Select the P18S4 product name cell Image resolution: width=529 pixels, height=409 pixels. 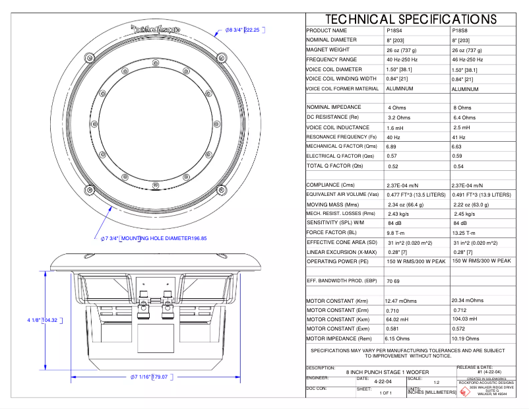[x=396, y=30]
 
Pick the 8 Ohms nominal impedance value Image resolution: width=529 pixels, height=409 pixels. [x=462, y=108]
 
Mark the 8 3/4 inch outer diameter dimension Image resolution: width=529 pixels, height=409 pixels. [x=242, y=30]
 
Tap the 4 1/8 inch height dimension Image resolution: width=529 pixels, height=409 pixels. [x=43, y=320]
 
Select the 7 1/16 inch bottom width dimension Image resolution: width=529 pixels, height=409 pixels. [x=149, y=377]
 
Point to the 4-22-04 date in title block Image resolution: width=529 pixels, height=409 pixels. [x=383, y=381]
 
